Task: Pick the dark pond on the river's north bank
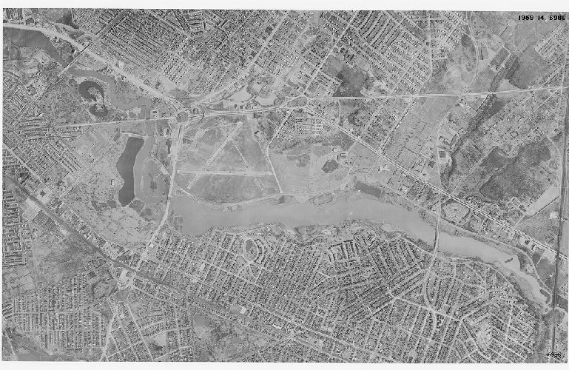point(368,189)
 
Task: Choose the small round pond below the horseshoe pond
point(98,110)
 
